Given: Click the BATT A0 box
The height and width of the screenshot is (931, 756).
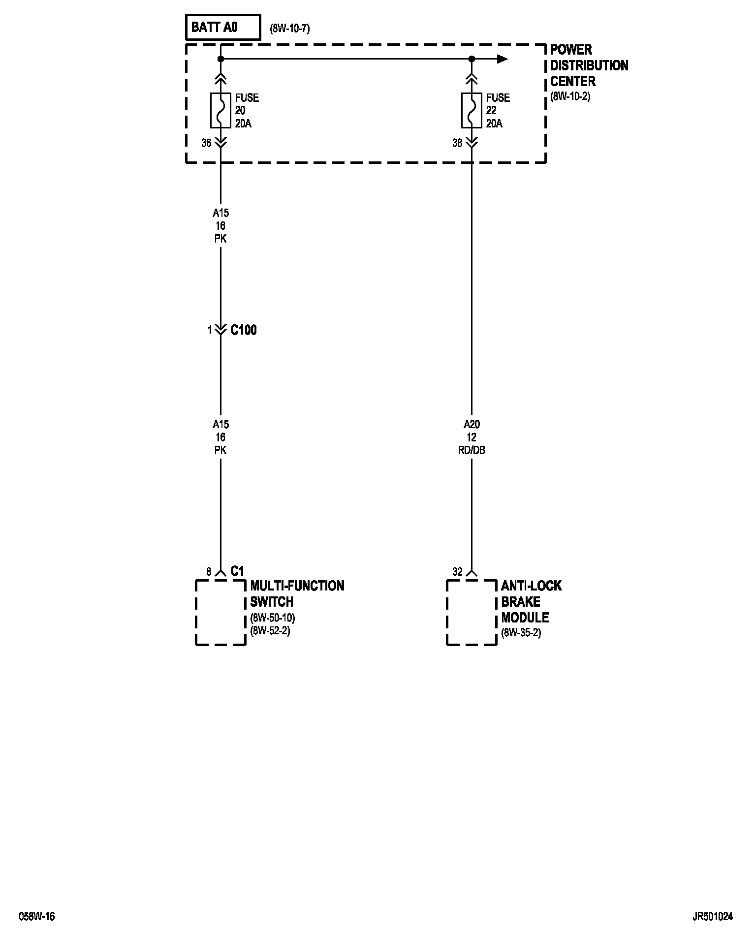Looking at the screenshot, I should click(x=222, y=27).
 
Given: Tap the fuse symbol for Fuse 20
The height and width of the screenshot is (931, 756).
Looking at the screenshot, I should click(x=220, y=110).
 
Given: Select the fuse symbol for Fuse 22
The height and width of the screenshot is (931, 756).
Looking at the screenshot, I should click(x=472, y=110).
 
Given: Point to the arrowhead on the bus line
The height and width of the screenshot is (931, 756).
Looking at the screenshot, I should click(x=502, y=59).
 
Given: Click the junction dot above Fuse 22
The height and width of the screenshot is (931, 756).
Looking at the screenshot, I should click(x=472, y=59).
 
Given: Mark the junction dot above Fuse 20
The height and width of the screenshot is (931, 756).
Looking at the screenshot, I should click(x=220, y=59).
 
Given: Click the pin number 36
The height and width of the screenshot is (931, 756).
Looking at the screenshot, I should click(x=206, y=143).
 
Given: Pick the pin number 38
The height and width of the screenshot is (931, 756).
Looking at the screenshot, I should click(x=457, y=143).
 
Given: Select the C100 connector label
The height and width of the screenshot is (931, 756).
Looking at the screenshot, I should click(x=244, y=330).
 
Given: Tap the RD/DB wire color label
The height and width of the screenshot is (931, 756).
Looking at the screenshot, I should click(x=472, y=450).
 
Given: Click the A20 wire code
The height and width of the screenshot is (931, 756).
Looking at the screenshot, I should click(x=472, y=424).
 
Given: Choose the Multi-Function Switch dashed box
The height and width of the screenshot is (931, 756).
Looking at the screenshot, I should click(x=220, y=612).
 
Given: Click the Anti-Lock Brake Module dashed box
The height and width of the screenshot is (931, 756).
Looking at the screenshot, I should click(x=472, y=612).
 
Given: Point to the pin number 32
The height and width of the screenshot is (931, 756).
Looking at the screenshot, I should click(x=457, y=572).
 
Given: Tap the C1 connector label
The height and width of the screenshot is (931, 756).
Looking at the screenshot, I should click(x=237, y=571).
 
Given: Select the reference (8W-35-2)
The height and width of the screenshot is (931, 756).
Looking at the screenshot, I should click(x=521, y=633).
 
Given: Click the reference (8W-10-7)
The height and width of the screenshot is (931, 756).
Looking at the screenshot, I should click(x=290, y=29).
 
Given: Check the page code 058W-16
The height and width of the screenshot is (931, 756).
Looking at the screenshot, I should click(x=37, y=916).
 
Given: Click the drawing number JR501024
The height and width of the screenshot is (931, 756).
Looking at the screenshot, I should click(x=712, y=916).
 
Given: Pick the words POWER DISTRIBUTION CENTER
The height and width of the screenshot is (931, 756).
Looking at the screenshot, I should click(x=589, y=65).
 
